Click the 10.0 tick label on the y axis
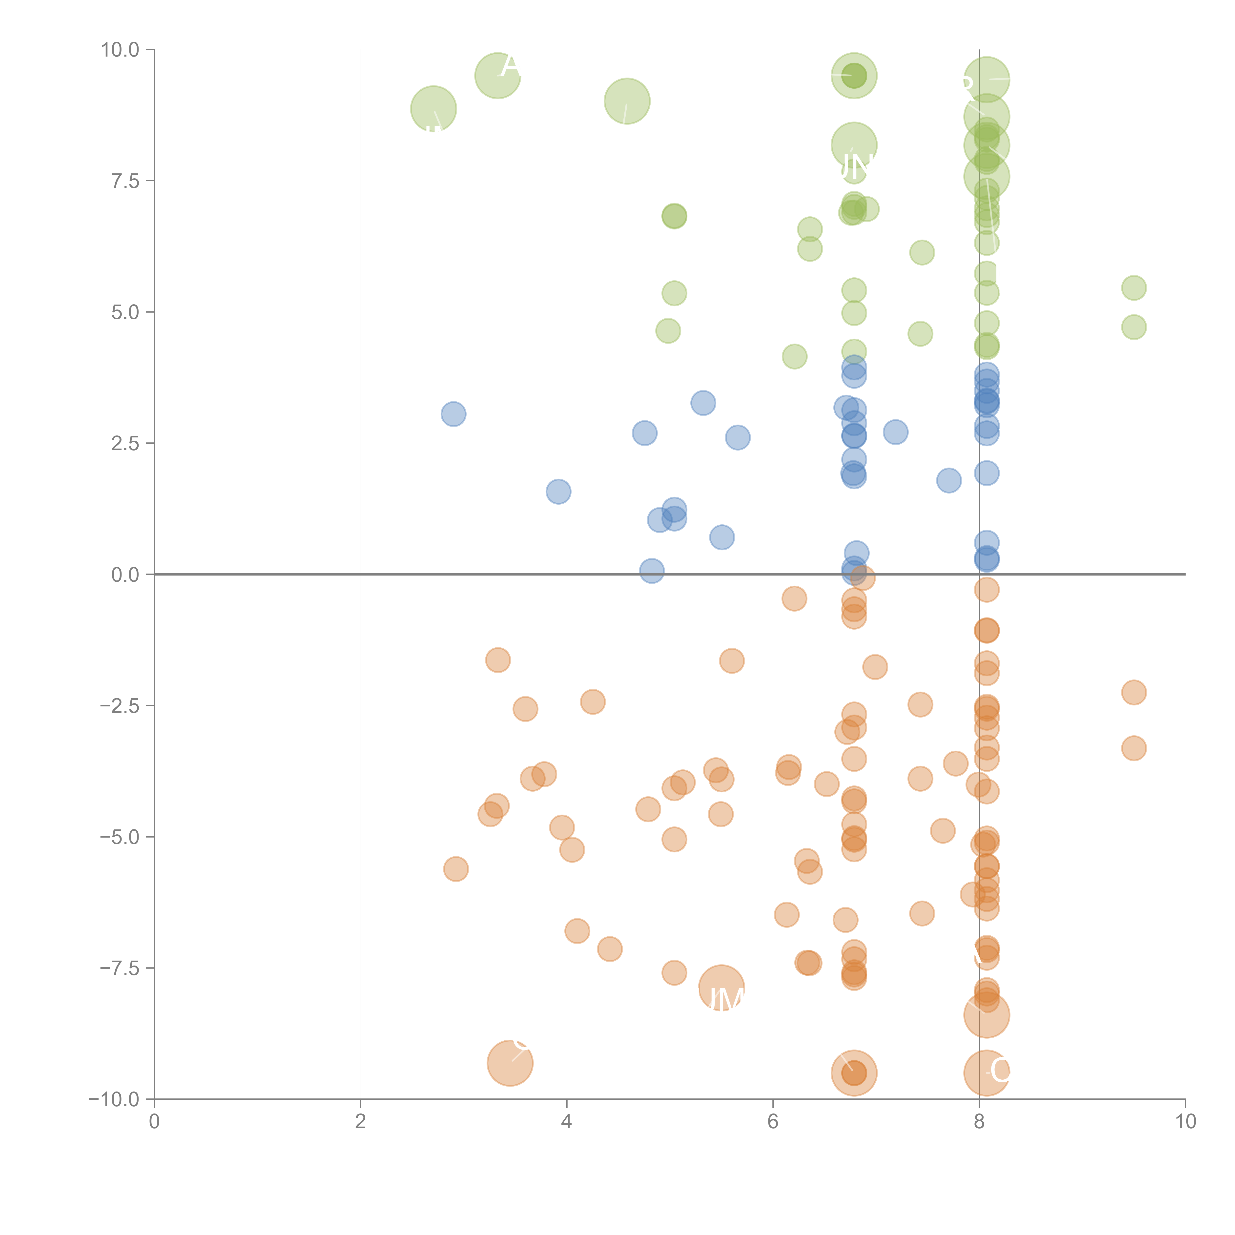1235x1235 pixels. [120, 50]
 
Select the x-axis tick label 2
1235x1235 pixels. [361, 1122]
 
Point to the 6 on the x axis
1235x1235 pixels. [773, 1122]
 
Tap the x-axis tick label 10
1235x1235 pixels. [1185, 1122]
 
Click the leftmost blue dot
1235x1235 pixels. [453, 414]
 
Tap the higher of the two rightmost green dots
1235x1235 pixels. [1133, 288]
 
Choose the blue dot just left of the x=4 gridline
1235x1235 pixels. [558, 492]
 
